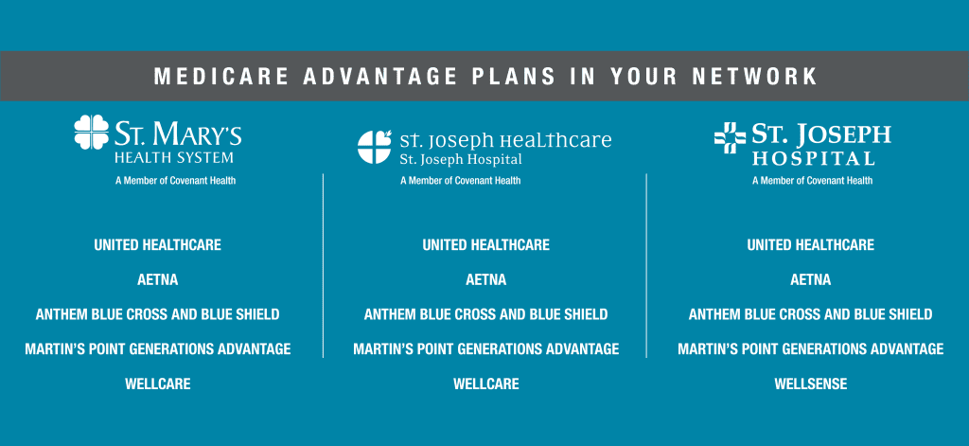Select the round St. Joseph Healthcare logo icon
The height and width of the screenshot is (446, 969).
coord(374,148)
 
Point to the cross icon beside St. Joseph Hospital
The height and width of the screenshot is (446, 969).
coord(730,138)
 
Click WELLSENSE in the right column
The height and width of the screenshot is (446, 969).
coord(810,384)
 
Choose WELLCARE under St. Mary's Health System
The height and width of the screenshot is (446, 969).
coord(157,384)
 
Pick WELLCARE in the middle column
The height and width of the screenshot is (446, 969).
coord(485,384)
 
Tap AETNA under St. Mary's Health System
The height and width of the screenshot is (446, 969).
coord(157,279)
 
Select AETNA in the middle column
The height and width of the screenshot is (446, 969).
coord(485,279)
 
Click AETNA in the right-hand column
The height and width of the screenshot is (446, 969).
coord(810,279)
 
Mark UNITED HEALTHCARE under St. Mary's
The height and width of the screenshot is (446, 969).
coord(157,244)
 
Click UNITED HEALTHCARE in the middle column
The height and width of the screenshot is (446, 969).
coord(485,244)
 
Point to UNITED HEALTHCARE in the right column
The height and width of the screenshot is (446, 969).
coord(810,244)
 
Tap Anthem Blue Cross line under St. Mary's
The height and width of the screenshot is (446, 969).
coord(157,314)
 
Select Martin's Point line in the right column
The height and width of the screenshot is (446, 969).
coord(810,349)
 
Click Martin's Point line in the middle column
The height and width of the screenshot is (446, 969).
coord(485,349)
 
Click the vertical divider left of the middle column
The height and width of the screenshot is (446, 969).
coord(323,265)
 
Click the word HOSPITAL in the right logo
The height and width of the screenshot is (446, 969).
coord(813,158)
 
